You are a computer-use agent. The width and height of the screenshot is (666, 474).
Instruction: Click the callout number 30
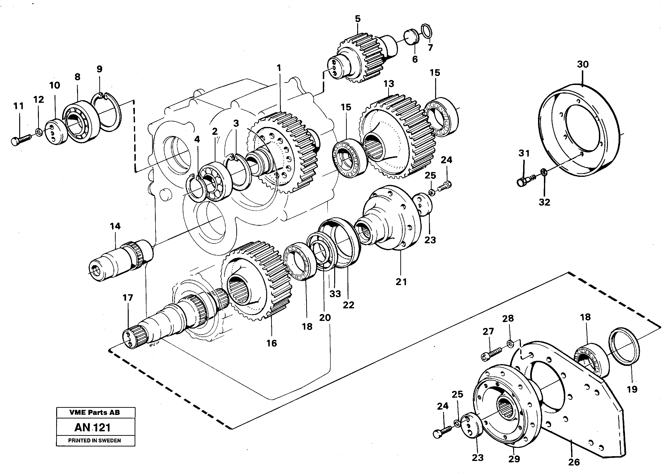click(583, 64)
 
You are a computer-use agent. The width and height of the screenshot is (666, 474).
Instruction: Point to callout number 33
click(335, 294)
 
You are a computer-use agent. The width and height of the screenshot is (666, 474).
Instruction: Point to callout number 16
click(271, 343)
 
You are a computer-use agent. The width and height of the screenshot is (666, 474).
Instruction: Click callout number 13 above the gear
click(388, 84)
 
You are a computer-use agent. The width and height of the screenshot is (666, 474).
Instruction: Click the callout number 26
click(574, 462)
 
